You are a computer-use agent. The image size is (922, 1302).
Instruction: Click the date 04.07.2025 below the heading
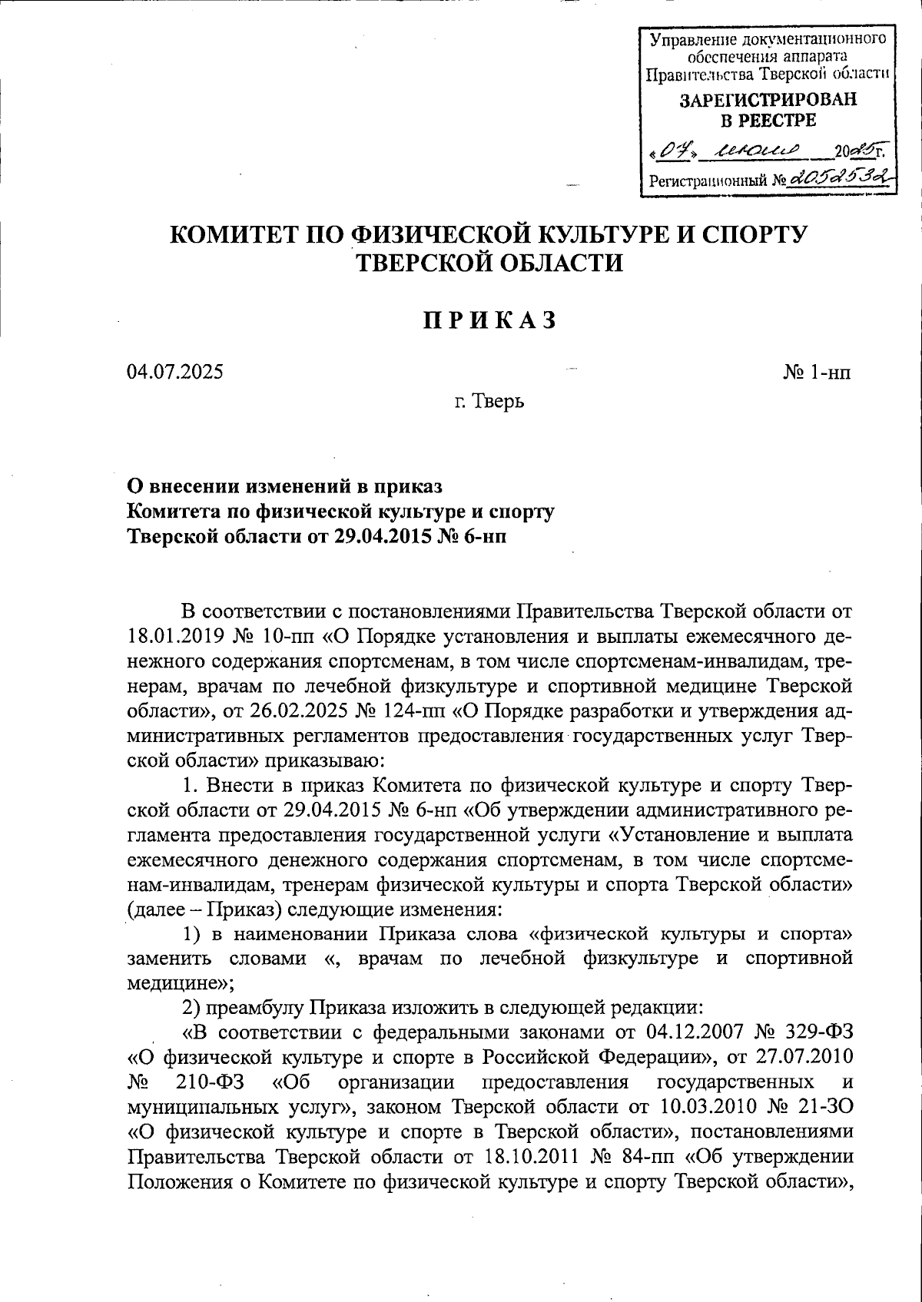click(176, 373)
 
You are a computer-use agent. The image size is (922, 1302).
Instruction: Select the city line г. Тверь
click(488, 401)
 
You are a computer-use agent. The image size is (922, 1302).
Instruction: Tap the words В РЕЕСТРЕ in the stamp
click(767, 121)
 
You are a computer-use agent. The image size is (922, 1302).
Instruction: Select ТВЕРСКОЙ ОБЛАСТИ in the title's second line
click(488, 263)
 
